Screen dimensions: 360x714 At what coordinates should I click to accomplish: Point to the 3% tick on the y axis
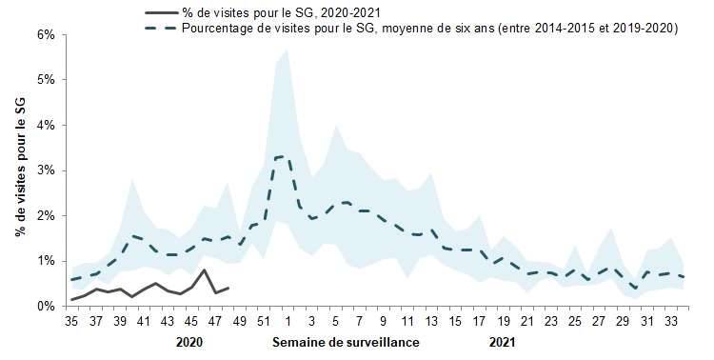tap(46, 170)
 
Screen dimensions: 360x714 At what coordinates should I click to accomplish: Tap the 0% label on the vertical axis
tap(46, 306)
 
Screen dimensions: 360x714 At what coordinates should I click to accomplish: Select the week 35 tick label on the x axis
tap(72, 322)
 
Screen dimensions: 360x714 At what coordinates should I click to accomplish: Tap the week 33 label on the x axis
tap(671, 322)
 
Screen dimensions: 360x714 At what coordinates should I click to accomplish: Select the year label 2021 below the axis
tap(503, 341)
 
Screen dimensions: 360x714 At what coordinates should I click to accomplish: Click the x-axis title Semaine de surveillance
tap(346, 341)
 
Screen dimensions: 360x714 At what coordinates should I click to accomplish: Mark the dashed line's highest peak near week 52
tap(282, 156)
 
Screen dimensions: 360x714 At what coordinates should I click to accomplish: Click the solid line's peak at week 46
tap(204, 270)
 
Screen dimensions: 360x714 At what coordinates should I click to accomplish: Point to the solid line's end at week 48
tap(228, 288)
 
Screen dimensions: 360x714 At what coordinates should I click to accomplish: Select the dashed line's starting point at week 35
tap(72, 280)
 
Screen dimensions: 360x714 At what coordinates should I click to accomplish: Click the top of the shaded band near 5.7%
tap(288, 49)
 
